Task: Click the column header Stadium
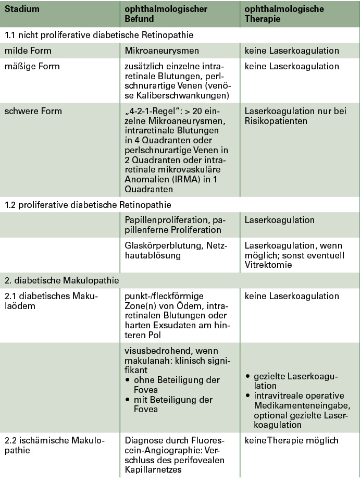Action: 22,9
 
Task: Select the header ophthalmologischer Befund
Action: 166,14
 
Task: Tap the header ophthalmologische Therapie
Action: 284,14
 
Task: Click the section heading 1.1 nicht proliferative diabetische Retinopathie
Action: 99,35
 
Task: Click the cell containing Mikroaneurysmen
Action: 159,51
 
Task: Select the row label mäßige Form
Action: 32,67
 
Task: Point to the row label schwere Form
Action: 33,111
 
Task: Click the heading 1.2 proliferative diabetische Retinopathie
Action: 88,205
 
